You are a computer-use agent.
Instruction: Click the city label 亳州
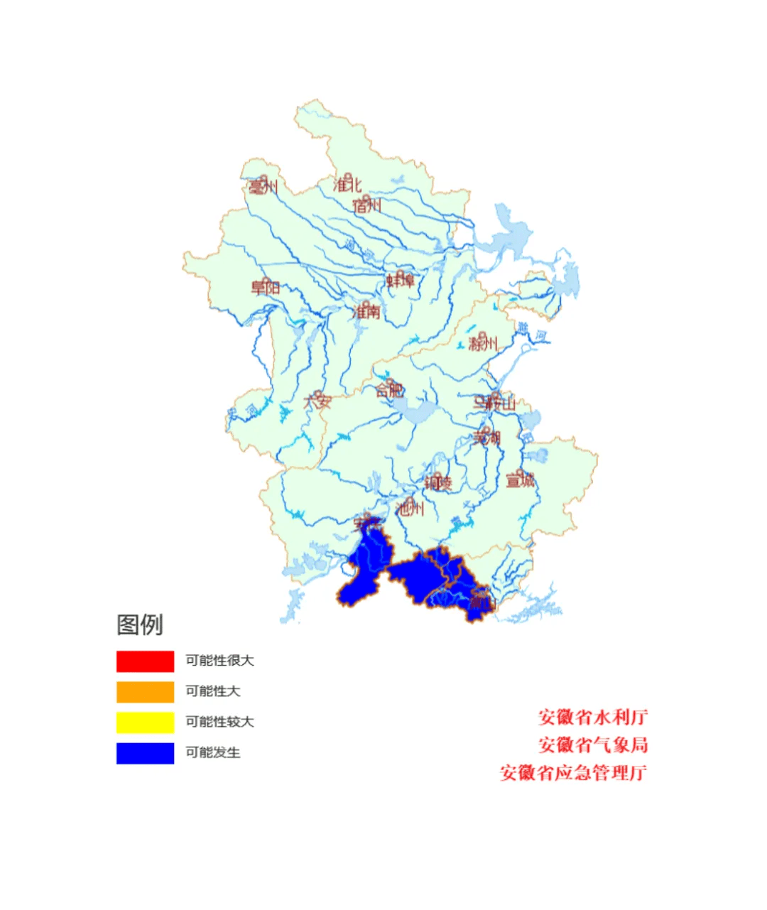coord(262,188)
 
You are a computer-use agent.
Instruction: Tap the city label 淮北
coord(347,185)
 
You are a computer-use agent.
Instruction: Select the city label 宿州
coord(366,206)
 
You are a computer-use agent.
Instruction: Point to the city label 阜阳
coord(266,288)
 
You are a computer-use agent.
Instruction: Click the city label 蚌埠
coord(400,281)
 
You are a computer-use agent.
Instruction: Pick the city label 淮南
coord(366,312)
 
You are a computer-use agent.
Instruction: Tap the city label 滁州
coord(483,345)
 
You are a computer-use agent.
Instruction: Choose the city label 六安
coord(317,401)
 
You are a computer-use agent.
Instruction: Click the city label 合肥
coord(390,390)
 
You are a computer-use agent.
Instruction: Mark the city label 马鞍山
coord(495,403)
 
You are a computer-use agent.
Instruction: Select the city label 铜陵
coord(437,483)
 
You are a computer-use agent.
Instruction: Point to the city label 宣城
coord(520,481)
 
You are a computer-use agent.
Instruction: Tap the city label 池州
coord(410,508)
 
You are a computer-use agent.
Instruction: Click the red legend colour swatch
coord(145,661)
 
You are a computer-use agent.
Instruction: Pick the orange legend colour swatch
coord(145,692)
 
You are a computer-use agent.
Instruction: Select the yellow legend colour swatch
coord(145,722)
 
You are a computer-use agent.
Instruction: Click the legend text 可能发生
coord(213,753)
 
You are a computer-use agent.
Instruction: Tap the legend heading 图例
coord(140,625)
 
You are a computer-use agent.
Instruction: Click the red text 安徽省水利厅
coord(593,717)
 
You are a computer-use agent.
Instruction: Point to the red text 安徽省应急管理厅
coord(574,773)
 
